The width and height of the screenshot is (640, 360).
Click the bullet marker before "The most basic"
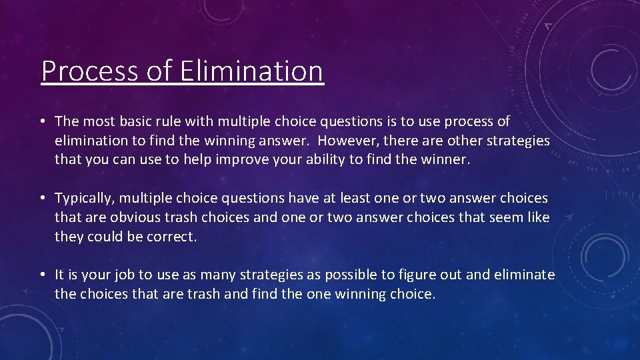(x=42, y=121)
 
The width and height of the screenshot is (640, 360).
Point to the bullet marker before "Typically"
(x=42, y=198)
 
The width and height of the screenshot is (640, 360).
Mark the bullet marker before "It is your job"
(x=42, y=275)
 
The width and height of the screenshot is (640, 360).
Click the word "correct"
(x=174, y=237)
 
